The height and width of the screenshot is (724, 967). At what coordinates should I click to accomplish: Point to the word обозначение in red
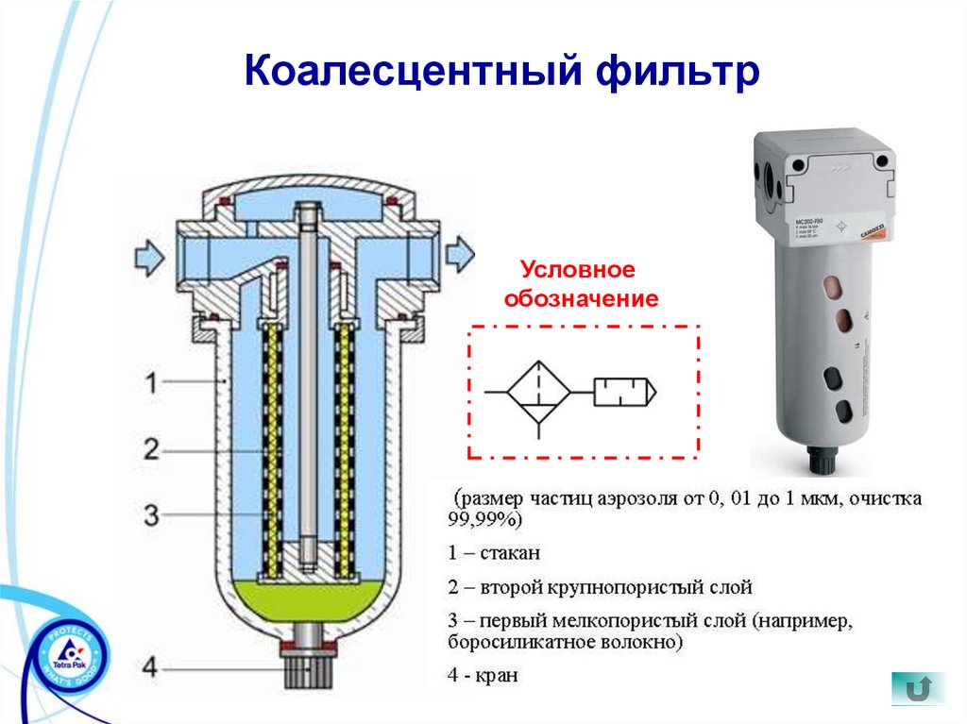580,299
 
